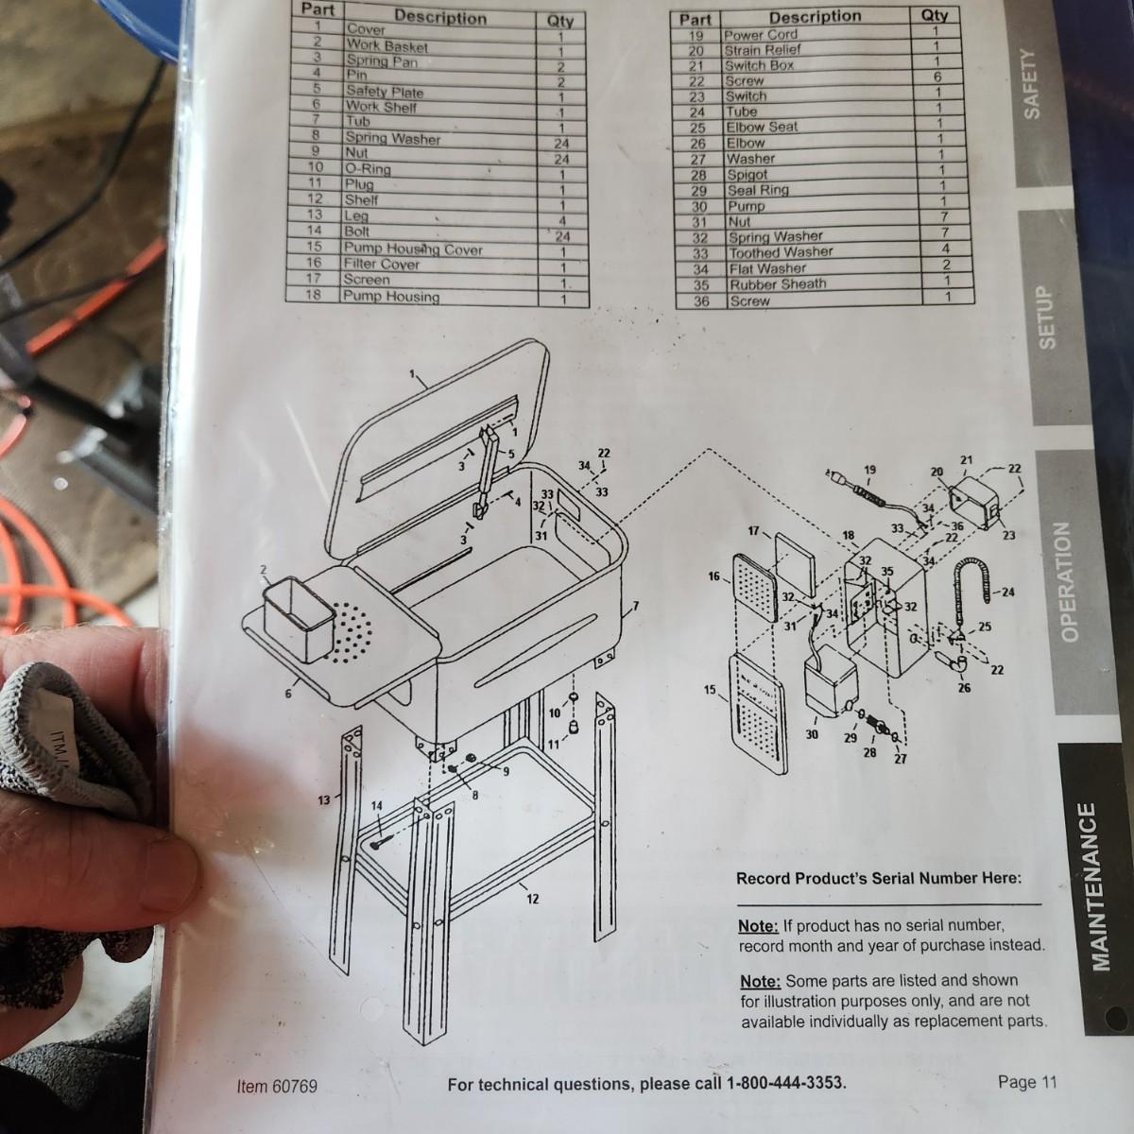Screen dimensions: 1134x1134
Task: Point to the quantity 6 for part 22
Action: click(x=936, y=77)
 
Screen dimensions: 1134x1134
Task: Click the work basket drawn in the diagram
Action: click(x=300, y=618)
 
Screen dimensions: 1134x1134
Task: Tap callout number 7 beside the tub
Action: click(x=636, y=606)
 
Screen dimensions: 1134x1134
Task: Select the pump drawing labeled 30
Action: click(x=829, y=680)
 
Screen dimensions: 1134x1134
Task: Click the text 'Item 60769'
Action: click(x=277, y=1086)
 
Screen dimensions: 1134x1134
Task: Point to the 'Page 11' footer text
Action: click(x=1027, y=1082)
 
